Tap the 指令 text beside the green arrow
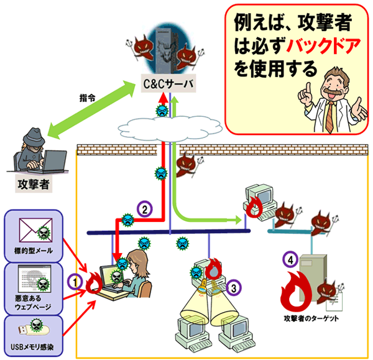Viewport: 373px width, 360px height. pos(88,98)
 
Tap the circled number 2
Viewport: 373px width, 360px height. pos(144,210)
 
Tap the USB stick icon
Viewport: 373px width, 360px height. pos(28,325)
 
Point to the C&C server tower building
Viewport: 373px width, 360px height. pos(163,52)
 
